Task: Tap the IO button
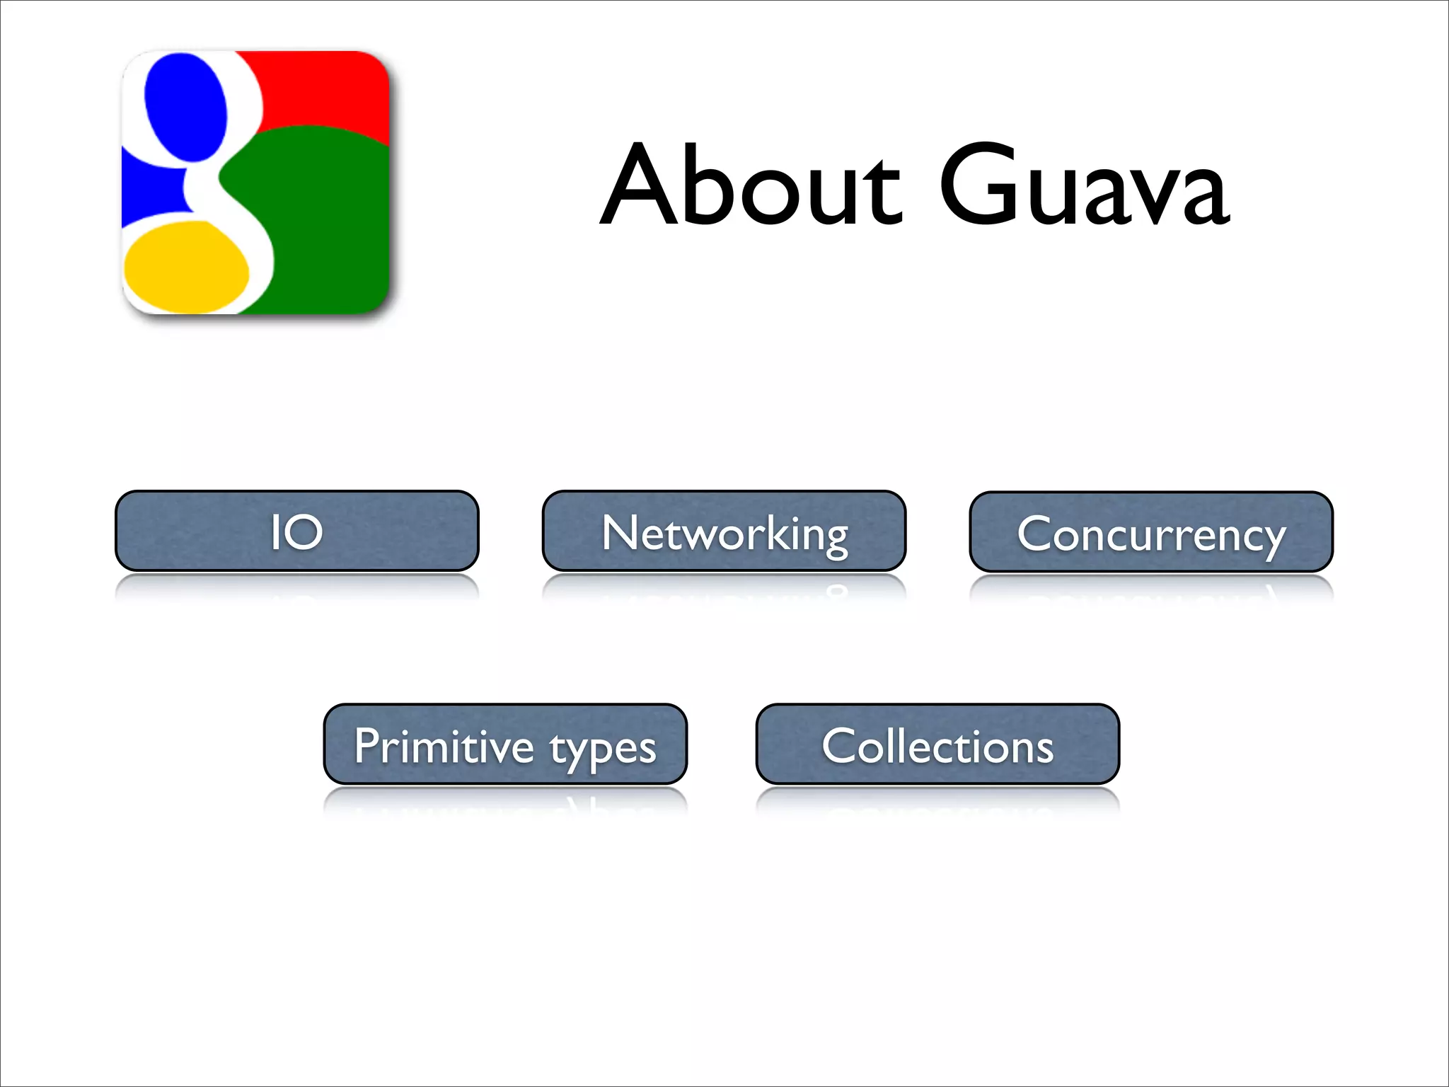(x=296, y=531)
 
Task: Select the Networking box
(x=724, y=531)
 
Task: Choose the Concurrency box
(x=1151, y=532)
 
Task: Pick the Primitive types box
(x=505, y=744)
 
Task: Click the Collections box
(x=937, y=744)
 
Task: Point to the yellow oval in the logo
(x=186, y=268)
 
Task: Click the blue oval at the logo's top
(x=185, y=106)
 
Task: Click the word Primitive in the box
(x=444, y=746)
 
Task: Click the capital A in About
(x=640, y=185)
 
